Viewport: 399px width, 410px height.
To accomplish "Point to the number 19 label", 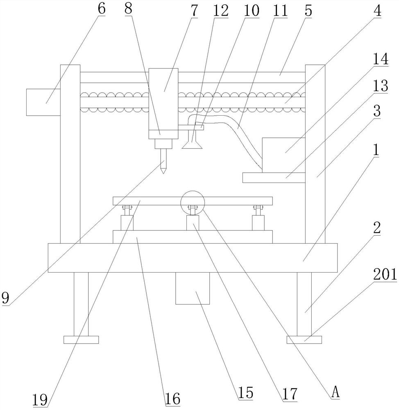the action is click(40, 399).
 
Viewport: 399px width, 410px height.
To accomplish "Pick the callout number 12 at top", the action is click(221, 11).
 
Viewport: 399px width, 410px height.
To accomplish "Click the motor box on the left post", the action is click(43, 102).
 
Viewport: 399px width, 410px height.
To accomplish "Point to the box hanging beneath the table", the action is click(193, 288).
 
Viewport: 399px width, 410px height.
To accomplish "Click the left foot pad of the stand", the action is click(81, 339).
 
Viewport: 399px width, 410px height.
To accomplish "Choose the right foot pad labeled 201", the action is click(304, 339).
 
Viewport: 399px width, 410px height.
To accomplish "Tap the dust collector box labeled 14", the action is click(283, 155).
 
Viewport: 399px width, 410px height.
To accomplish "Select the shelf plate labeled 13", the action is click(274, 178).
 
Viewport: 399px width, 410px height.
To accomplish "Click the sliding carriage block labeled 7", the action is click(163, 104).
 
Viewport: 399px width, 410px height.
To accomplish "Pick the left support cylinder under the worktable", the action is click(127, 223).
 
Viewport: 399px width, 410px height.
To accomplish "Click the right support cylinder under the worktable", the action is click(258, 223).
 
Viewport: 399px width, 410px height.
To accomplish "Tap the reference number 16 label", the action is click(173, 399).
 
